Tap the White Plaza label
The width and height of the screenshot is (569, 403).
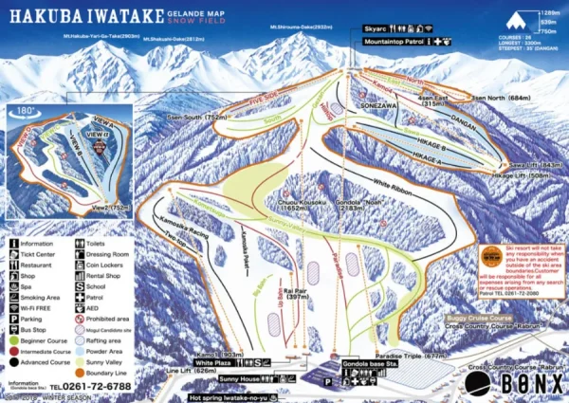pos(213,362)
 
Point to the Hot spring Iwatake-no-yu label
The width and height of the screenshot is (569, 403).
pos(233,396)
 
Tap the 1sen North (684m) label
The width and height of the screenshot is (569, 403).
pos(501,97)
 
